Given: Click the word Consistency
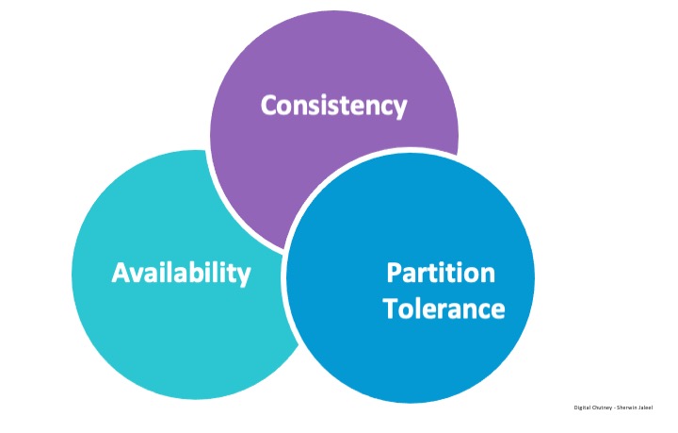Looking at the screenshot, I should coord(333,105).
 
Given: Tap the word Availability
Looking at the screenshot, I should coord(181,273).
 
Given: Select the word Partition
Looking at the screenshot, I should coord(440,273).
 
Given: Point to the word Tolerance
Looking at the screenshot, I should coord(444,308).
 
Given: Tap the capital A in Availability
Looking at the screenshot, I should coord(120,273).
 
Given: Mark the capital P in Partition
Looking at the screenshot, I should coord(394,273).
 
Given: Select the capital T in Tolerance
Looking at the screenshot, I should coord(390,308).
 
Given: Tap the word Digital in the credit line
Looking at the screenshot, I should coord(583,408).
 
